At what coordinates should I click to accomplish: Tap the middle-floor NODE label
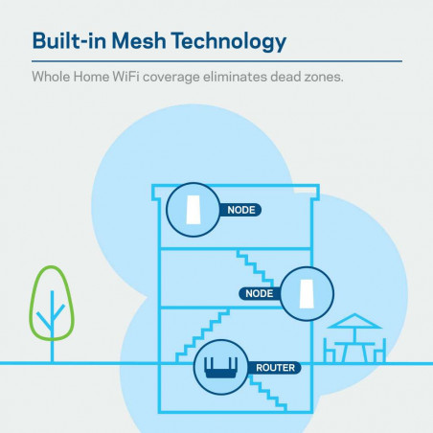[260, 293]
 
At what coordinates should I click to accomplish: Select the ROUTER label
[275, 367]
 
